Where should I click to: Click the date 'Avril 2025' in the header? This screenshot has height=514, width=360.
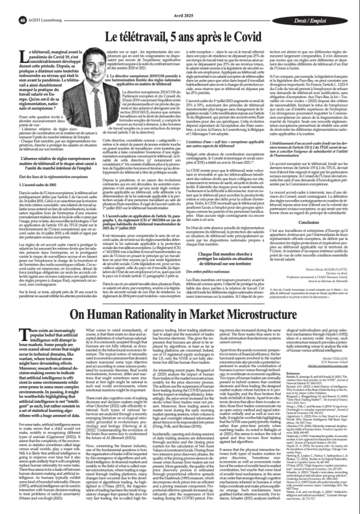pyautogui.click(x=179, y=5)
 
